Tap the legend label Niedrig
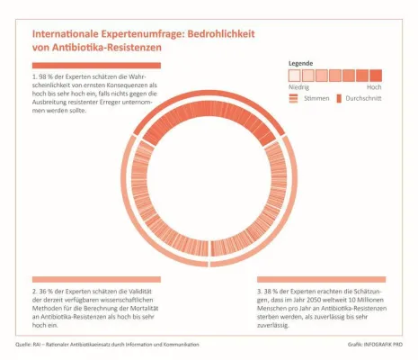tap(298, 86)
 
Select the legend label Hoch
tap(374, 86)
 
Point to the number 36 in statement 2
tap(46, 292)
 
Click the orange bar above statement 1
tap(96, 66)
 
